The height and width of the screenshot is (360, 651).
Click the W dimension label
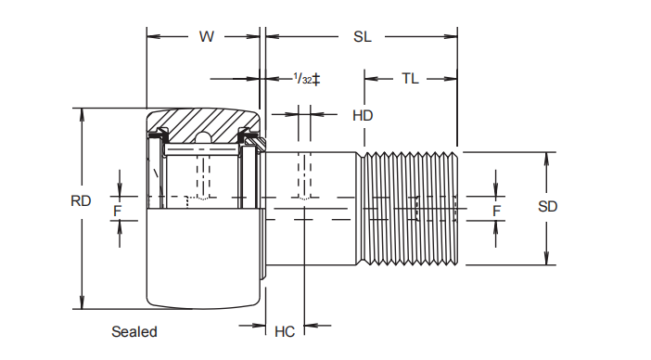[207, 36]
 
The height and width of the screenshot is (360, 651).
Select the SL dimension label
[362, 36]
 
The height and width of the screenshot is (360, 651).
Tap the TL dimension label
[410, 79]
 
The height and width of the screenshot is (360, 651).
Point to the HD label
[363, 115]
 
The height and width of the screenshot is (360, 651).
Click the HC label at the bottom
[285, 331]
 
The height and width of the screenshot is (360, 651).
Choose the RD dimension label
[81, 201]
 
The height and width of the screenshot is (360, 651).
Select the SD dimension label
[548, 206]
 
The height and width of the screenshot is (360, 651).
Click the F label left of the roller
[118, 211]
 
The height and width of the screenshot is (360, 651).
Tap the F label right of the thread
[496, 211]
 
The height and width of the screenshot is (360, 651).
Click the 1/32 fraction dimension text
[302, 79]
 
